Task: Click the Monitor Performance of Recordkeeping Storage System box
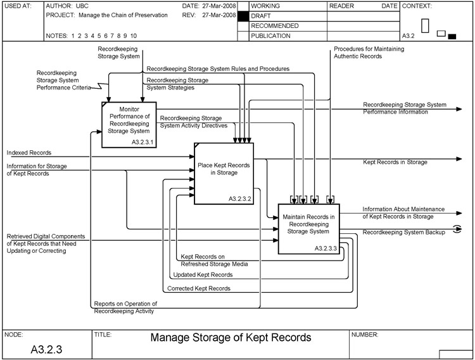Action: [129, 120]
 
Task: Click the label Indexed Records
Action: [29, 153]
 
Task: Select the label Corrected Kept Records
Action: [199, 288]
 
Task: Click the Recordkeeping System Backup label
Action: [404, 233]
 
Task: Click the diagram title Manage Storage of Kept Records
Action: [231, 338]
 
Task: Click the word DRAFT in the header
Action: [262, 15]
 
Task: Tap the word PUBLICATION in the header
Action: [270, 36]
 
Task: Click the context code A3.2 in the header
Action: [409, 36]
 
